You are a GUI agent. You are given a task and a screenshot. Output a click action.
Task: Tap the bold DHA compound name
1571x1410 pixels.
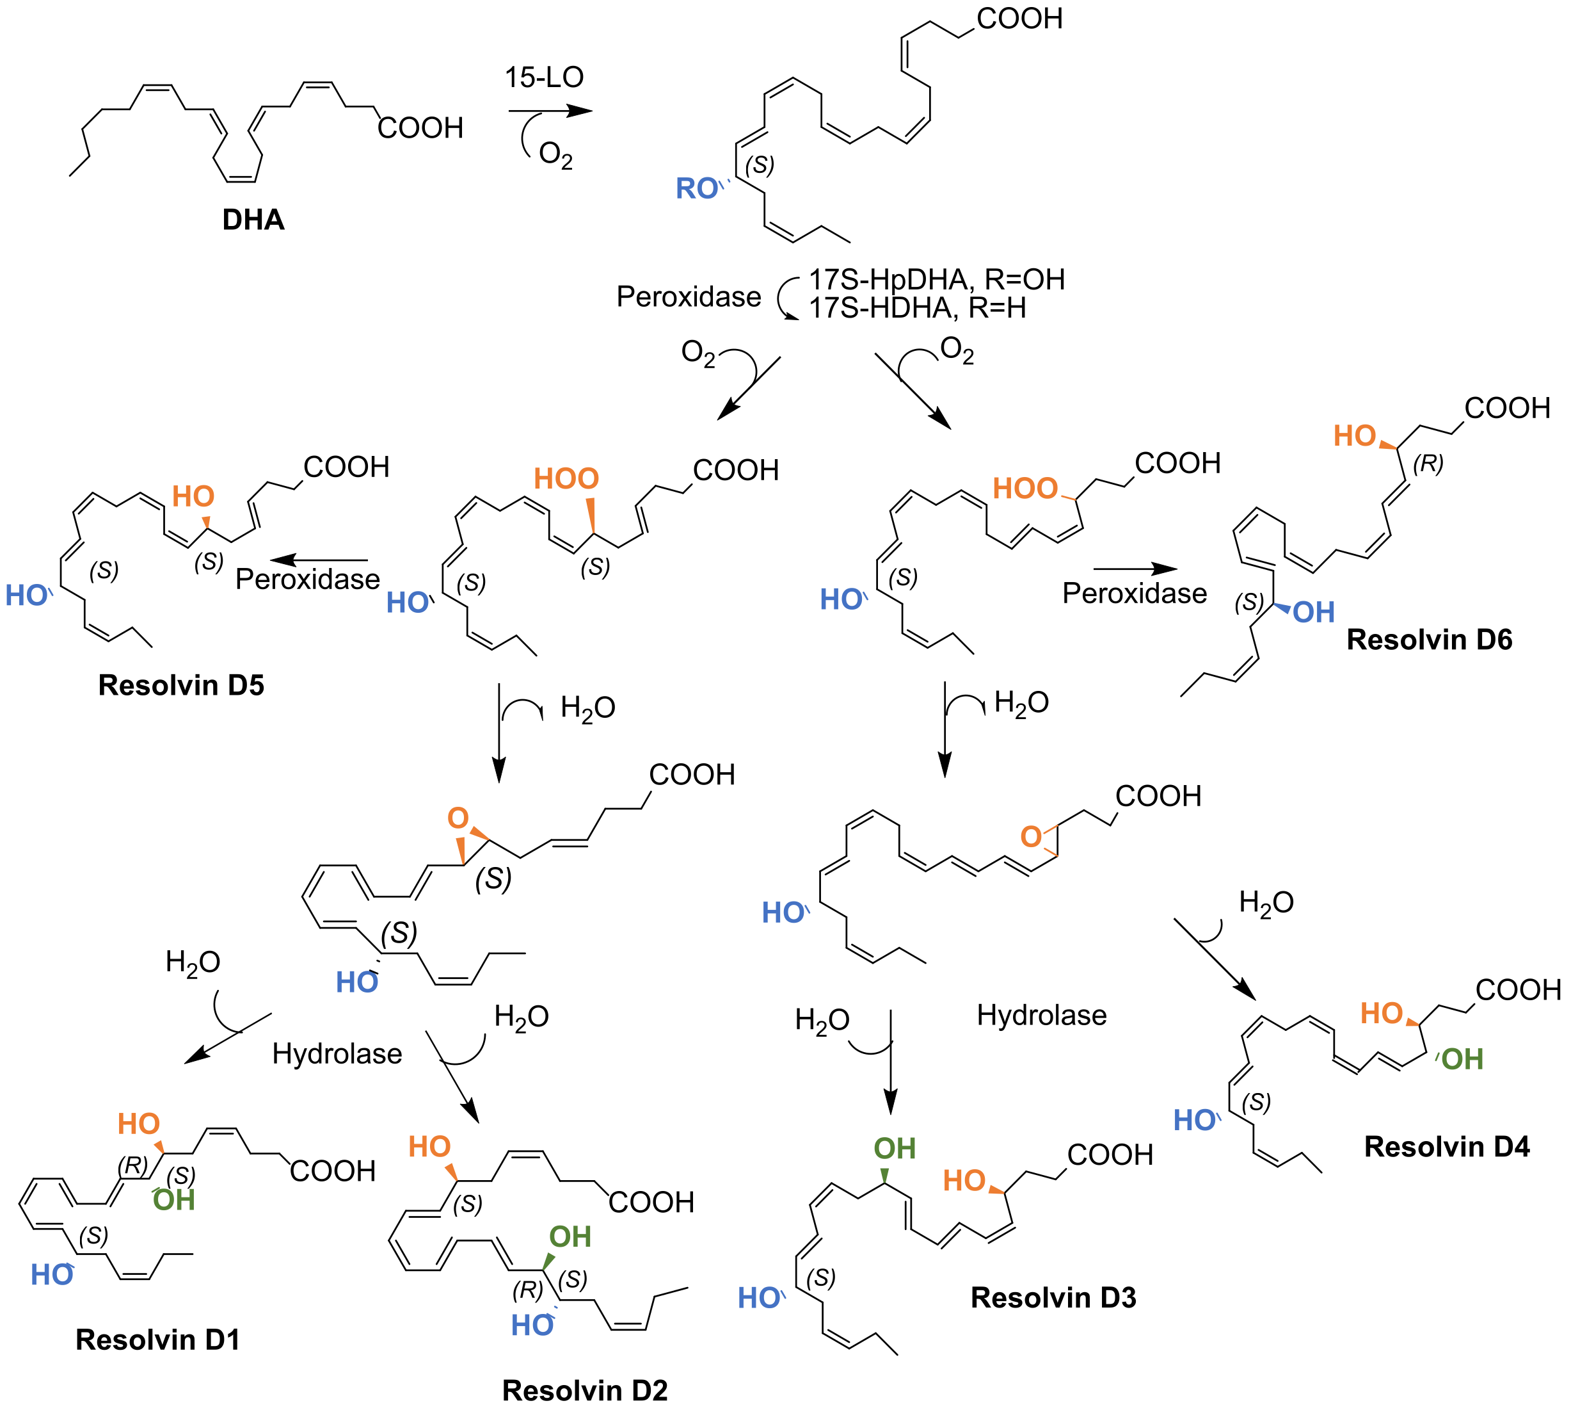(x=253, y=220)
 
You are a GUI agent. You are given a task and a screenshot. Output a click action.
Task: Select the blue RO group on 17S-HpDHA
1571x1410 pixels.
(x=697, y=189)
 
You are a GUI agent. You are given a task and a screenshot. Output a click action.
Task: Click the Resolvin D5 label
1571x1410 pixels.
(x=181, y=686)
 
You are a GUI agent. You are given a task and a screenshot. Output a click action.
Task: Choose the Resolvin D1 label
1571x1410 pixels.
(x=158, y=1340)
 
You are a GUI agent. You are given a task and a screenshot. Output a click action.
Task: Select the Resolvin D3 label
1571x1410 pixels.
(x=1053, y=1298)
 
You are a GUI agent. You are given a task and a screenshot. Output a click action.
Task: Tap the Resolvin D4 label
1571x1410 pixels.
(x=1446, y=1147)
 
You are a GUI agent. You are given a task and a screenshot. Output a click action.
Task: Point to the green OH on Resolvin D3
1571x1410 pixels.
(x=894, y=1148)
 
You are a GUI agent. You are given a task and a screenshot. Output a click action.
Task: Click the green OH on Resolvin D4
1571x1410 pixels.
(x=1462, y=1059)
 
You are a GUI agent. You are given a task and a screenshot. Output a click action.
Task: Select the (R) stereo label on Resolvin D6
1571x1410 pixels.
(x=1427, y=464)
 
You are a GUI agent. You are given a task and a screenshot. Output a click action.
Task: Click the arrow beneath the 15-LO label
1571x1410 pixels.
(x=550, y=111)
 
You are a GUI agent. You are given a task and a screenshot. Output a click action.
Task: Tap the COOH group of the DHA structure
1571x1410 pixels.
(x=420, y=128)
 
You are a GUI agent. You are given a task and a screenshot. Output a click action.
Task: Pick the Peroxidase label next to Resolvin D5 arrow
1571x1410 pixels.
(x=307, y=579)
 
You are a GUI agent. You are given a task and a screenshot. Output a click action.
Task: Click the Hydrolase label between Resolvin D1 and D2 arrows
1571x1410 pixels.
(x=337, y=1053)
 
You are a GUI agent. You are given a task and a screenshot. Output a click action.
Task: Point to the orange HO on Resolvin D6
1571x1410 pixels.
(x=1354, y=436)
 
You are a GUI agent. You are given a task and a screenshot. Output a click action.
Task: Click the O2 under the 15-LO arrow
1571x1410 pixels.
(x=555, y=155)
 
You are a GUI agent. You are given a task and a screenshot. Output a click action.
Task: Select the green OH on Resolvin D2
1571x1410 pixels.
(x=570, y=1236)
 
